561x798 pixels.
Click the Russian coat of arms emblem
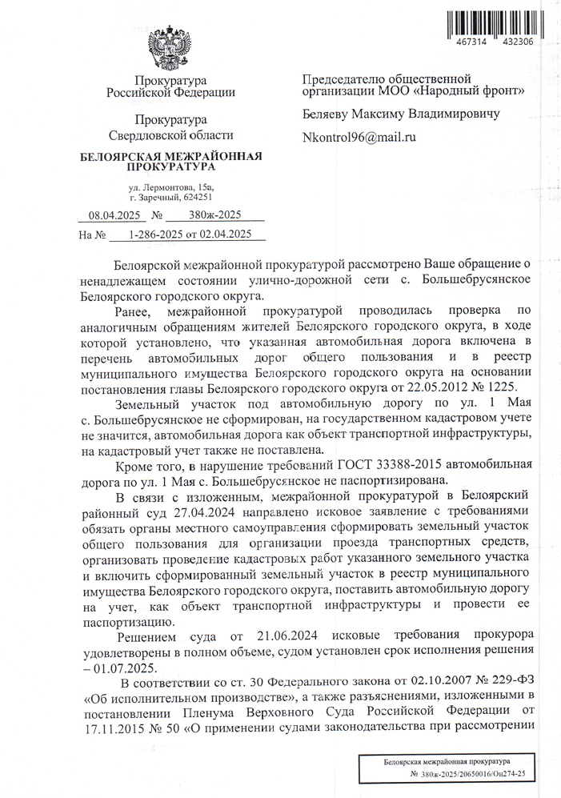pyautogui.click(x=170, y=49)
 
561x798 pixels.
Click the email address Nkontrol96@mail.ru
pyautogui.click(x=359, y=137)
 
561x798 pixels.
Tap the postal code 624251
pyautogui.click(x=197, y=197)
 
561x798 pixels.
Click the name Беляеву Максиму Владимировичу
pyautogui.click(x=400, y=114)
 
